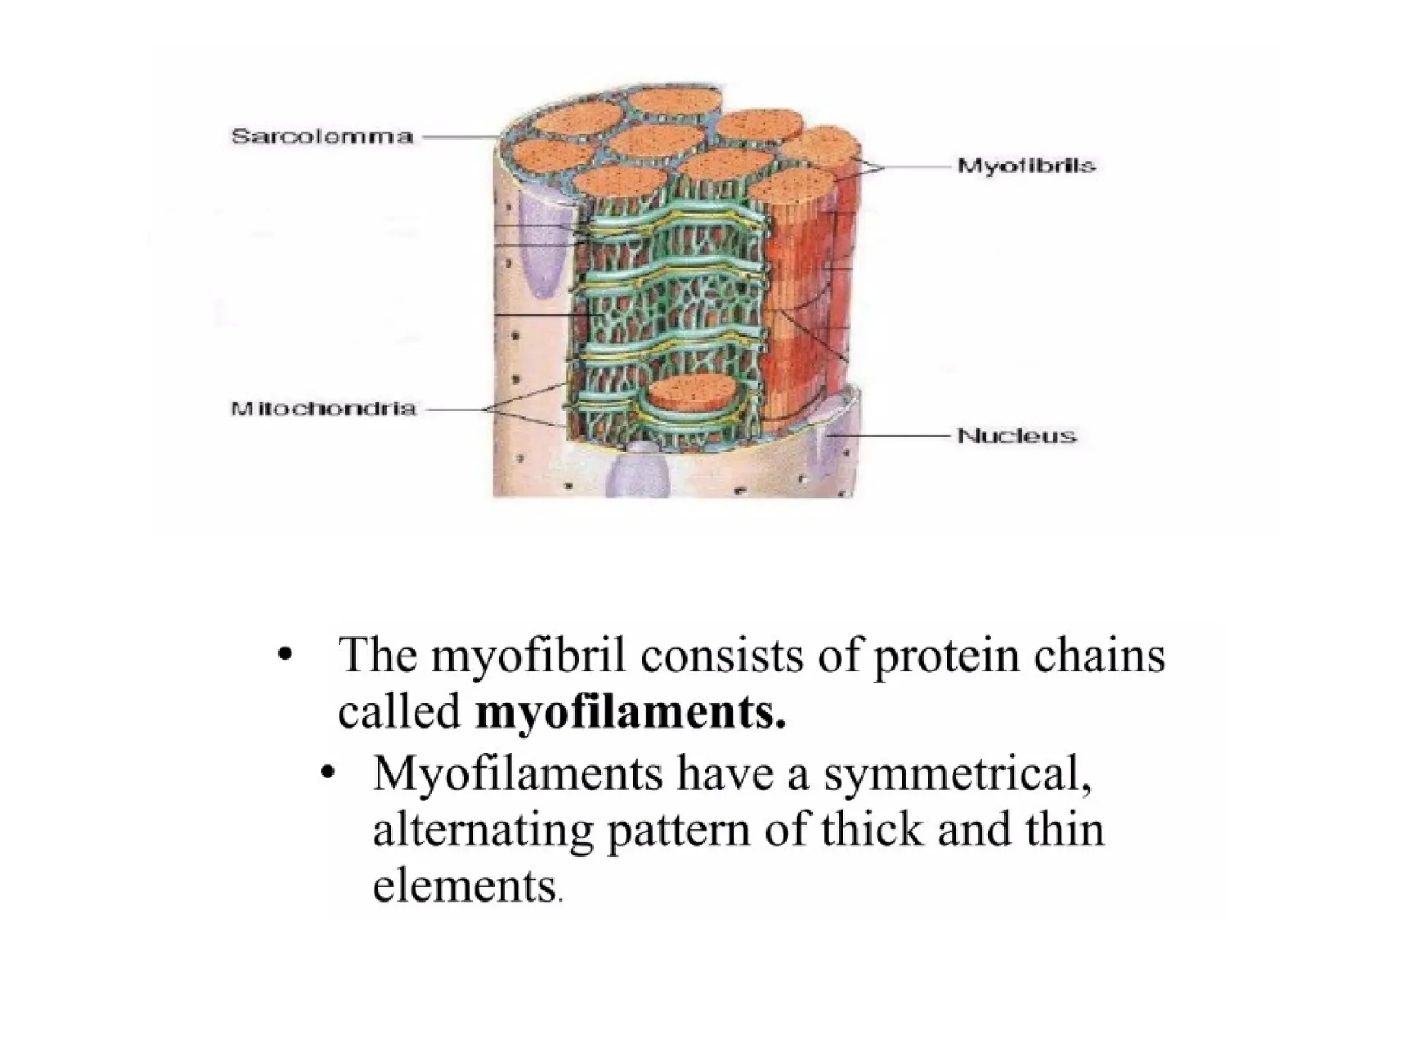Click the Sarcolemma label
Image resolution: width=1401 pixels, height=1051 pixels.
(322, 137)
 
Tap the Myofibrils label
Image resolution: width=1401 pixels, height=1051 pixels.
(1026, 166)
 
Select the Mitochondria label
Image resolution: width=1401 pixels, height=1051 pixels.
(323, 409)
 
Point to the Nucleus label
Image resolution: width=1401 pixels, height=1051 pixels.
(1017, 435)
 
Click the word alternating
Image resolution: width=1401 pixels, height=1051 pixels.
(482, 830)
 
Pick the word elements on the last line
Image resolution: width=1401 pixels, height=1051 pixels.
(465, 887)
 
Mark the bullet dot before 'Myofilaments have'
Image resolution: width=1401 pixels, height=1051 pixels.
(329, 772)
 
